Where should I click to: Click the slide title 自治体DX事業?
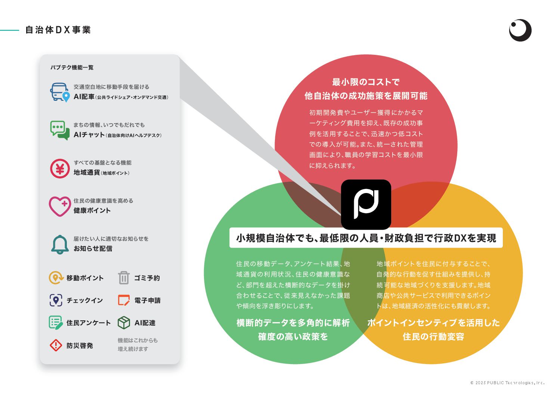[58, 30]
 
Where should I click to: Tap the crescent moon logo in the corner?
[520, 30]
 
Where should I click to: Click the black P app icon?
[366, 204]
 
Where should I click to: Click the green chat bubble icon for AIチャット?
[60, 130]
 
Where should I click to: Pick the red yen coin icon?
[60, 168]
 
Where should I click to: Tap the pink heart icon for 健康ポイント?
[60, 206]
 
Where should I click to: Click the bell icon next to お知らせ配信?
[60, 245]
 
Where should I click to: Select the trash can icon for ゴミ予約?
[124, 278]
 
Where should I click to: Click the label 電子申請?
[147, 301]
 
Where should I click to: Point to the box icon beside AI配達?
[124, 323]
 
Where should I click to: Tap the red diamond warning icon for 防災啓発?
[56, 345]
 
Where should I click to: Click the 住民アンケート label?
[89, 323]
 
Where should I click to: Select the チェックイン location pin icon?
[56, 300]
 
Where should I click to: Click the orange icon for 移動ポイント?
[56, 278]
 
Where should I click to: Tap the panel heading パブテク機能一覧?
[72, 68]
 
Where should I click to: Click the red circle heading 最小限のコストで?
[366, 82]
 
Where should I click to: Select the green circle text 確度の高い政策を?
[293, 337]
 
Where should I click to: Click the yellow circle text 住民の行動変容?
[433, 337]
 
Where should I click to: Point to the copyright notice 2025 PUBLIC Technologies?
[507, 383]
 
